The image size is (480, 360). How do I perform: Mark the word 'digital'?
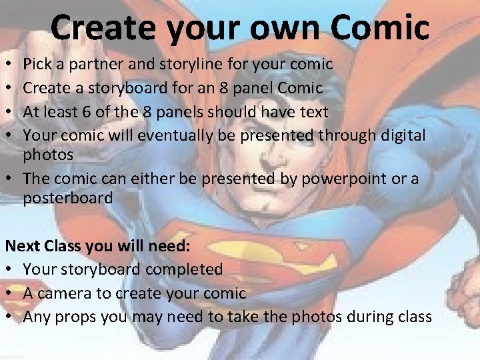402,135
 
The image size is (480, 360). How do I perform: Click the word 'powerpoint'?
345,179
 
